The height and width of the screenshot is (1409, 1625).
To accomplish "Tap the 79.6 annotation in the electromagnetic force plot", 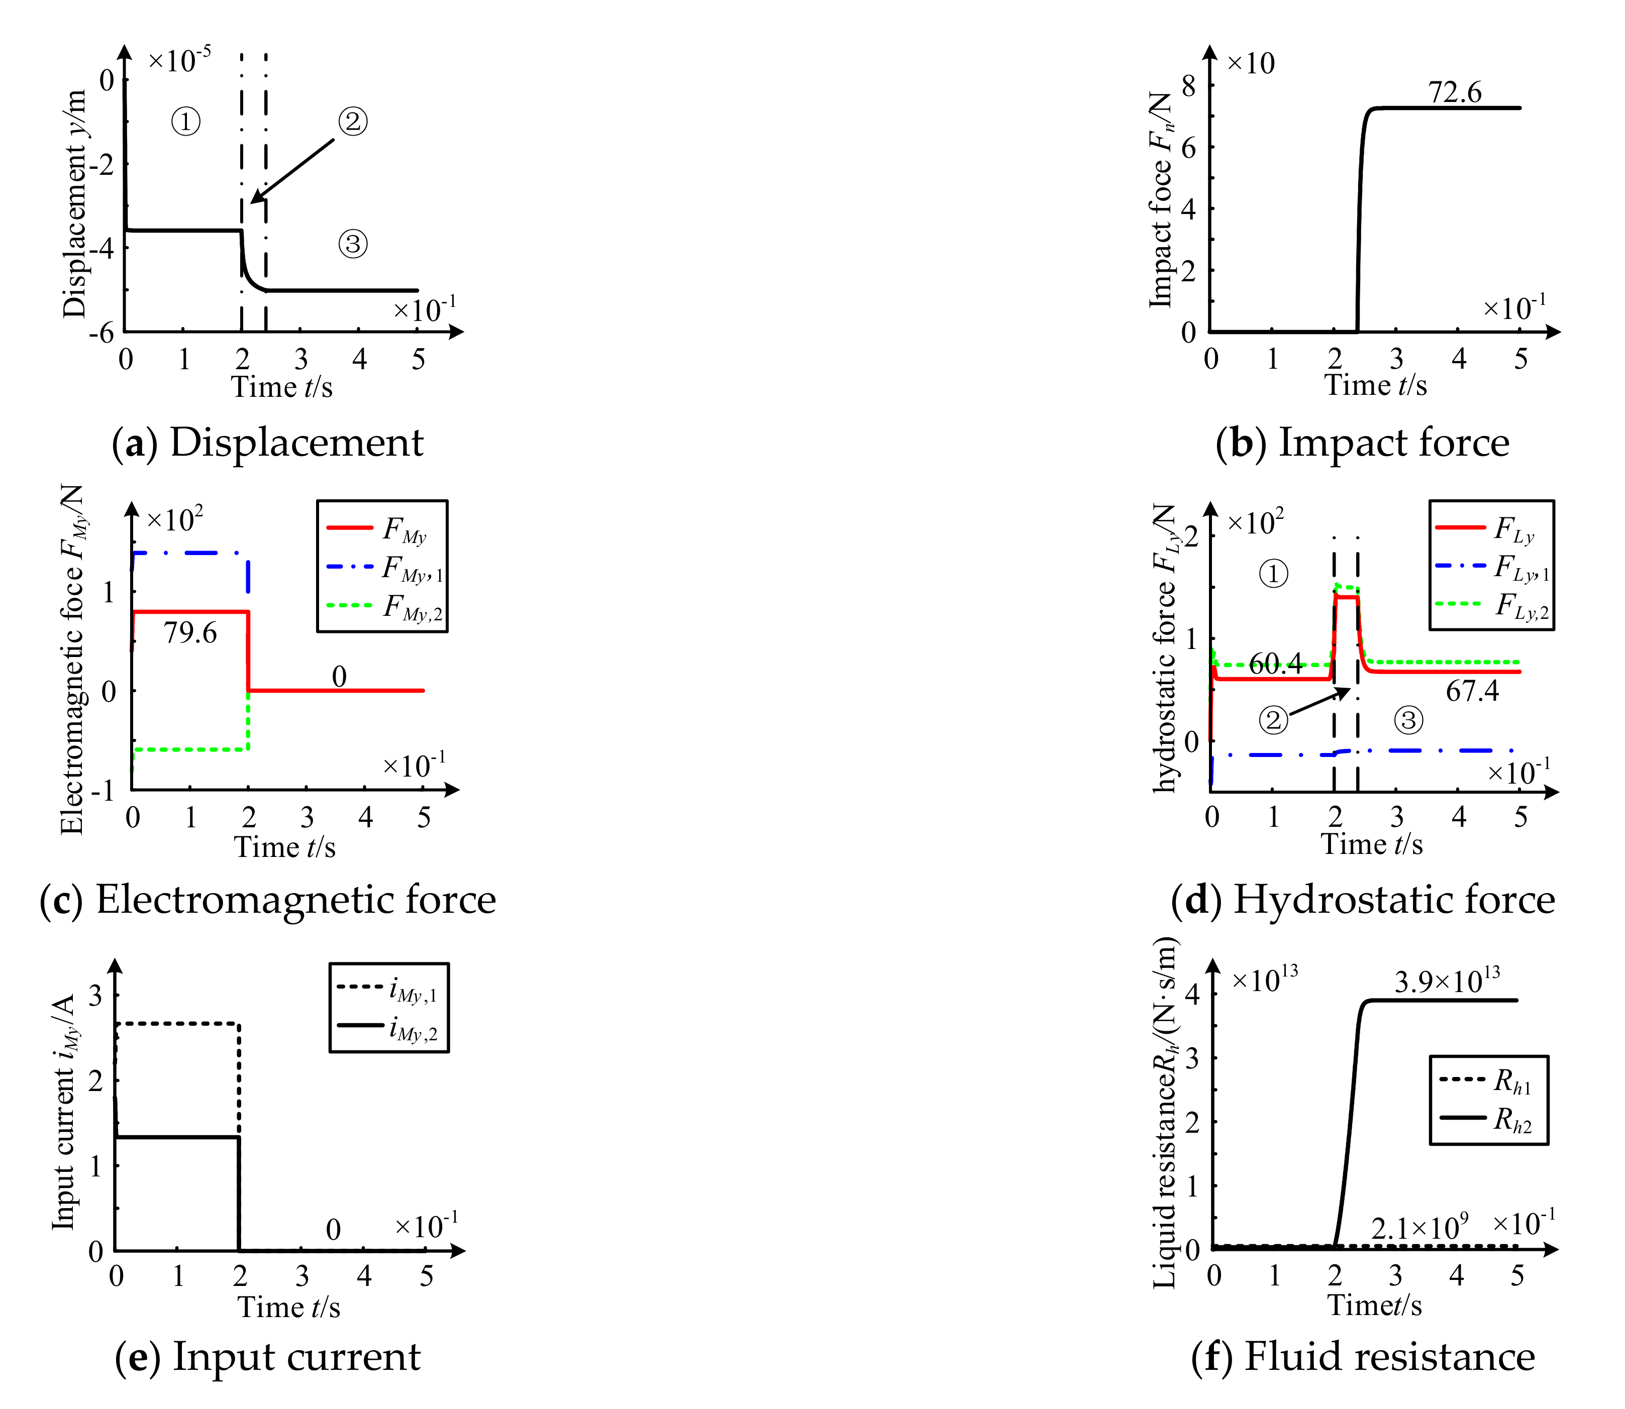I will pos(190,633).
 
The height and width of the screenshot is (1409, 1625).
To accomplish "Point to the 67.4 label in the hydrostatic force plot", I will pos(1472,691).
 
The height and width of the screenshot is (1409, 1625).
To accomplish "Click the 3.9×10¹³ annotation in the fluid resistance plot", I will pos(1447,981).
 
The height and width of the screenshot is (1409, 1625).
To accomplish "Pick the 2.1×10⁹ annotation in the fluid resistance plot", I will pos(1419,1227).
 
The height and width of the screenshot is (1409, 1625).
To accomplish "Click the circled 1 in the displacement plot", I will pos(185,122).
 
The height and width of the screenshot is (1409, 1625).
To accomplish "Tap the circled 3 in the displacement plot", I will pos(353,244).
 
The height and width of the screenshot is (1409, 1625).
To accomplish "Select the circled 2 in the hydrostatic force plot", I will pos(1273,719).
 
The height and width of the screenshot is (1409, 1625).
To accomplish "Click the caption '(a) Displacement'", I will pos(267,443).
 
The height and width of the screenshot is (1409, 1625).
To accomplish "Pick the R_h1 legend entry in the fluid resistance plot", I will pos(1486,1081).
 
